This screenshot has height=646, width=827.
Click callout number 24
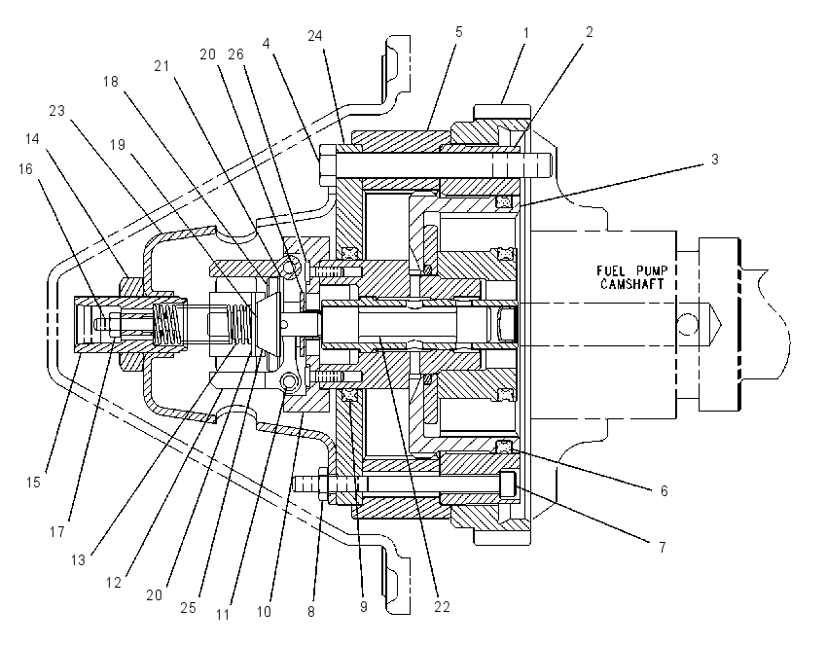click(x=315, y=36)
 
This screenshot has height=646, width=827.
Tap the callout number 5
click(x=459, y=32)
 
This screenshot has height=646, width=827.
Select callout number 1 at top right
click(x=525, y=33)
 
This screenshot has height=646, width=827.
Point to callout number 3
click(x=715, y=160)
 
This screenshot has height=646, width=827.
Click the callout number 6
click(x=664, y=491)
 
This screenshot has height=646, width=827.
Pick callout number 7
click(x=663, y=548)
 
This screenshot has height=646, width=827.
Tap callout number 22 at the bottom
click(x=442, y=607)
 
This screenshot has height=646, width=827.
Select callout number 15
click(x=33, y=482)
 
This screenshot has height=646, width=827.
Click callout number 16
click(x=25, y=168)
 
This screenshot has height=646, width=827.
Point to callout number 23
click(x=57, y=111)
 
